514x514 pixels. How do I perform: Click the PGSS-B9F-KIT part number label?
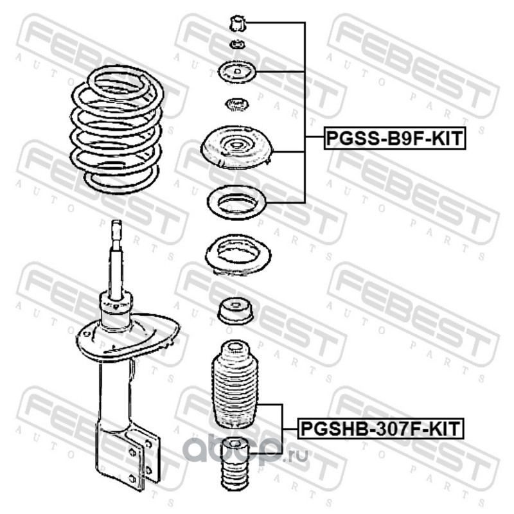[394, 138]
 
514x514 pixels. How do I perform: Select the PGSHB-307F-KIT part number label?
[380, 428]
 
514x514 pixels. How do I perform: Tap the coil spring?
[116, 130]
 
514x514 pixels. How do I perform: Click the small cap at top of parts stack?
[237, 24]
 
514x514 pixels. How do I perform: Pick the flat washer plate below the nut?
[237, 73]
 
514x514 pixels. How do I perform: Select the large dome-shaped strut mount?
[237, 147]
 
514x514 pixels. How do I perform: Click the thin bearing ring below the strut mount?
[236, 202]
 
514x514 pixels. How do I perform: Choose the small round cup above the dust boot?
[236, 311]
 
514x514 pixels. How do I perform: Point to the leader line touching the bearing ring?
[286, 202]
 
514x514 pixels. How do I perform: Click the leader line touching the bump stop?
[265, 454]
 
